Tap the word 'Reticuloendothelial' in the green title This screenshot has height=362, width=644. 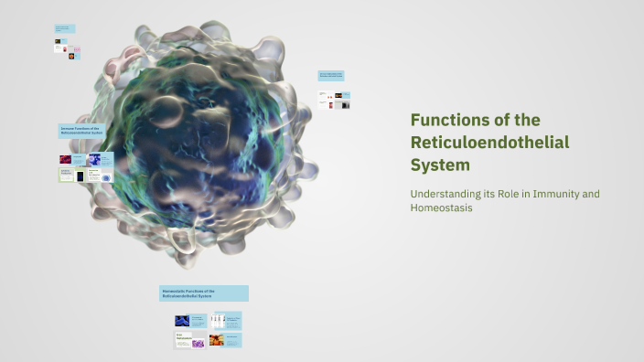489,143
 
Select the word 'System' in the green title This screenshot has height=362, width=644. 440,165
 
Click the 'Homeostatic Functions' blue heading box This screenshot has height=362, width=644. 204,293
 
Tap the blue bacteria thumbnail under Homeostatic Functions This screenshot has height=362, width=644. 183,321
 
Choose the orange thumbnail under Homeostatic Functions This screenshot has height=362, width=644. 218,340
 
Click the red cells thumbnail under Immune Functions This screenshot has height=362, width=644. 66,158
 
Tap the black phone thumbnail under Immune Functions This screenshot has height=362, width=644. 80,175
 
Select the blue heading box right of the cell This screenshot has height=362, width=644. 330,76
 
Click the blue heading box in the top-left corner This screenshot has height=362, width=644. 65,28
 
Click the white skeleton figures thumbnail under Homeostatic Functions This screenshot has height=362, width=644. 218,321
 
